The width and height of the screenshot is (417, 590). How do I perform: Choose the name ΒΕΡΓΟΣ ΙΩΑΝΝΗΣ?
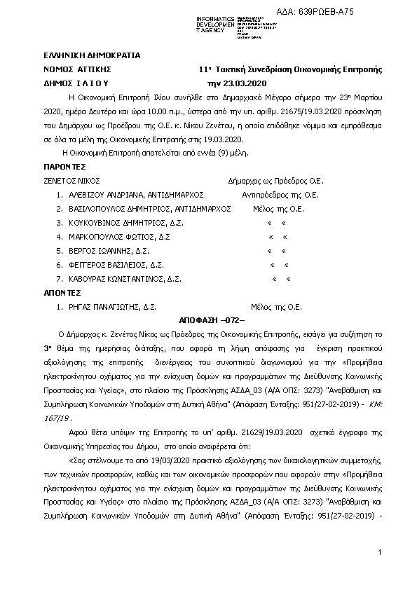pyautogui.click(x=97, y=250)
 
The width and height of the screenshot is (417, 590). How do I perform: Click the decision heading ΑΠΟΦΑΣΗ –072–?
pyautogui.click(x=209, y=320)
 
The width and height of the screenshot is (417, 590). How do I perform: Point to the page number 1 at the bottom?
pyautogui.click(x=378, y=554)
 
